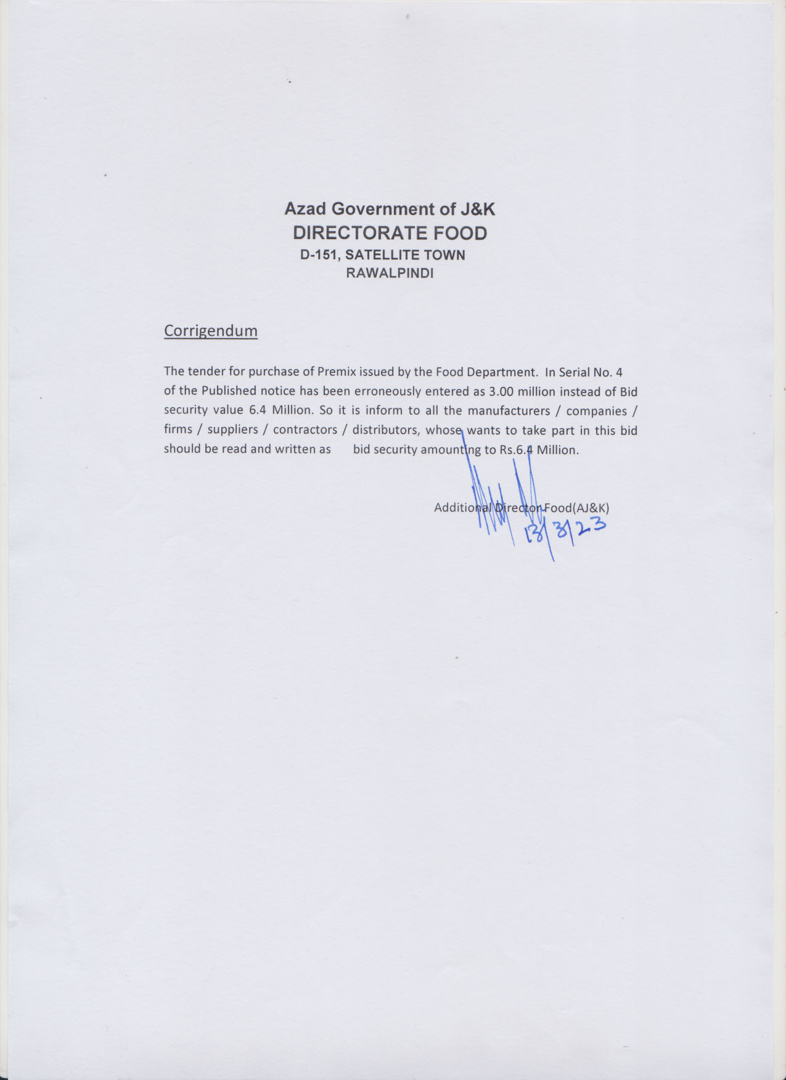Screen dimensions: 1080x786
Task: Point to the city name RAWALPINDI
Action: [390, 274]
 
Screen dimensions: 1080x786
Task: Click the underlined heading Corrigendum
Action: [210, 331]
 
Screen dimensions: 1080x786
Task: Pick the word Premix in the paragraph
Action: [337, 372]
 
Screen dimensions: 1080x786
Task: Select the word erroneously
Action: [385, 391]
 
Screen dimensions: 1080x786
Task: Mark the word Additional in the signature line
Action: [462, 508]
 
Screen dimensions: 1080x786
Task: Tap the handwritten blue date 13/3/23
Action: [564, 531]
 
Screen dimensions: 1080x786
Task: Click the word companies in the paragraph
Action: [596, 411]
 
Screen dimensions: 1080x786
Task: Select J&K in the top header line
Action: [478, 209]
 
